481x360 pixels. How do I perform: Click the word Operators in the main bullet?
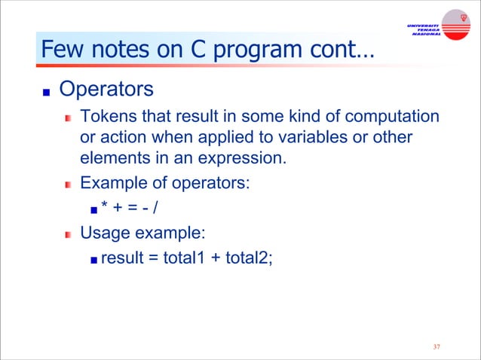pos(106,90)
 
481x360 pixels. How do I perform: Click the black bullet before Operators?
pos(45,92)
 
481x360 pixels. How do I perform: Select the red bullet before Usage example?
pos(68,234)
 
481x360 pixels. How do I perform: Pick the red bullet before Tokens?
pos(68,118)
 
